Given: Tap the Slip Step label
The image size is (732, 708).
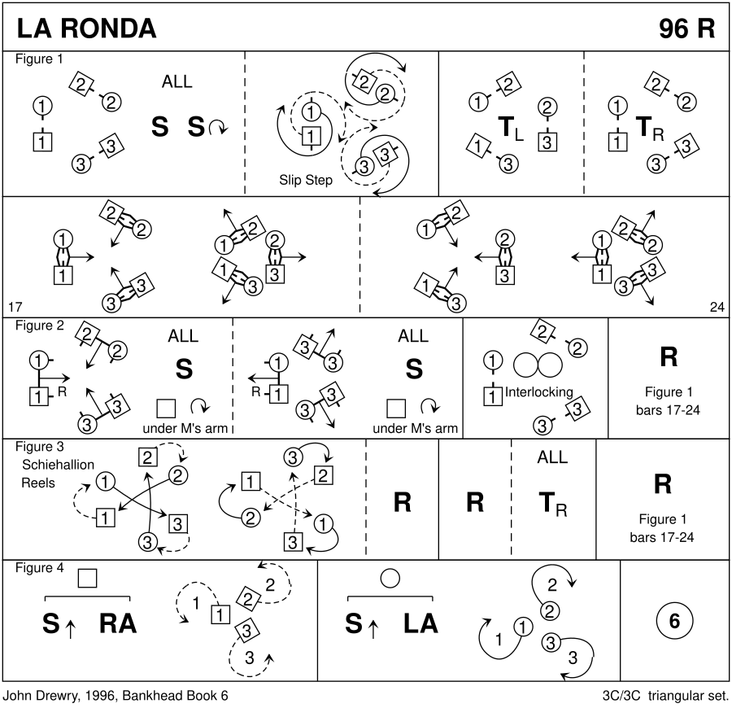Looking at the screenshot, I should click(305, 180).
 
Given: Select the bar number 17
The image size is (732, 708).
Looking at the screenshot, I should click(15, 307).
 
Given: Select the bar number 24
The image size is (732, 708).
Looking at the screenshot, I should click(716, 307).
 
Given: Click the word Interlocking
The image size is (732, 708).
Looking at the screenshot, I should click(539, 392).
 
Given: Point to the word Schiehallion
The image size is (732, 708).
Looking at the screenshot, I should click(59, 464).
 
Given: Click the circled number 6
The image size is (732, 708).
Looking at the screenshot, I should click(673, 621).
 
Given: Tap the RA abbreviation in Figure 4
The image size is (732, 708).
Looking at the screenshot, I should click(118, 623).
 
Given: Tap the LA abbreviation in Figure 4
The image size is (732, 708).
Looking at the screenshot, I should click(420, 623).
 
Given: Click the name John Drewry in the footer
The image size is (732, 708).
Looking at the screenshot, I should click(38, 697).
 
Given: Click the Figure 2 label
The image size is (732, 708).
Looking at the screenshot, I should click(40, 326).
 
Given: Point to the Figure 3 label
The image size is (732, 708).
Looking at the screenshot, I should click(40, 446).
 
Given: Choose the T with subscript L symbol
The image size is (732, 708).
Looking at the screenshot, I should click(510, 128).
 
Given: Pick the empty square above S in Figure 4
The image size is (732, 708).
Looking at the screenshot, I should click(87, 578).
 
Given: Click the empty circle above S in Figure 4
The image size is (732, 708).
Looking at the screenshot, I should click(390, 578).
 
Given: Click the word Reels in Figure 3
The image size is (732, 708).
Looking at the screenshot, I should click(39, 483).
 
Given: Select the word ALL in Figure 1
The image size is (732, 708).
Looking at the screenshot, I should click(177, 81).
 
